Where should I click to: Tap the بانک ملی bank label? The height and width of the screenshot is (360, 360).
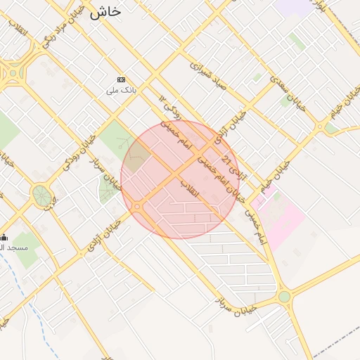[x=121, y=91]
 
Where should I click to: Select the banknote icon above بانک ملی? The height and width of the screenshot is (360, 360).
[x=122, y=79]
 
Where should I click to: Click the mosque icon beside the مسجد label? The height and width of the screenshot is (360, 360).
[x=4, y=238]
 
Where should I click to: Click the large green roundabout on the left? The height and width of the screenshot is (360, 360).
[x=41, y=195]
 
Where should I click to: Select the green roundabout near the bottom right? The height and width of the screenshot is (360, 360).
[x=284, y=297]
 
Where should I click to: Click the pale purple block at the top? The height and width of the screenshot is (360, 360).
[x=293, y=6]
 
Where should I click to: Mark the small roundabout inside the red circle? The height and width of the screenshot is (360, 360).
[x=138, y=206]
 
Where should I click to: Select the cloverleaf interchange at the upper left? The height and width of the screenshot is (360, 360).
[x=14, y=69]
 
